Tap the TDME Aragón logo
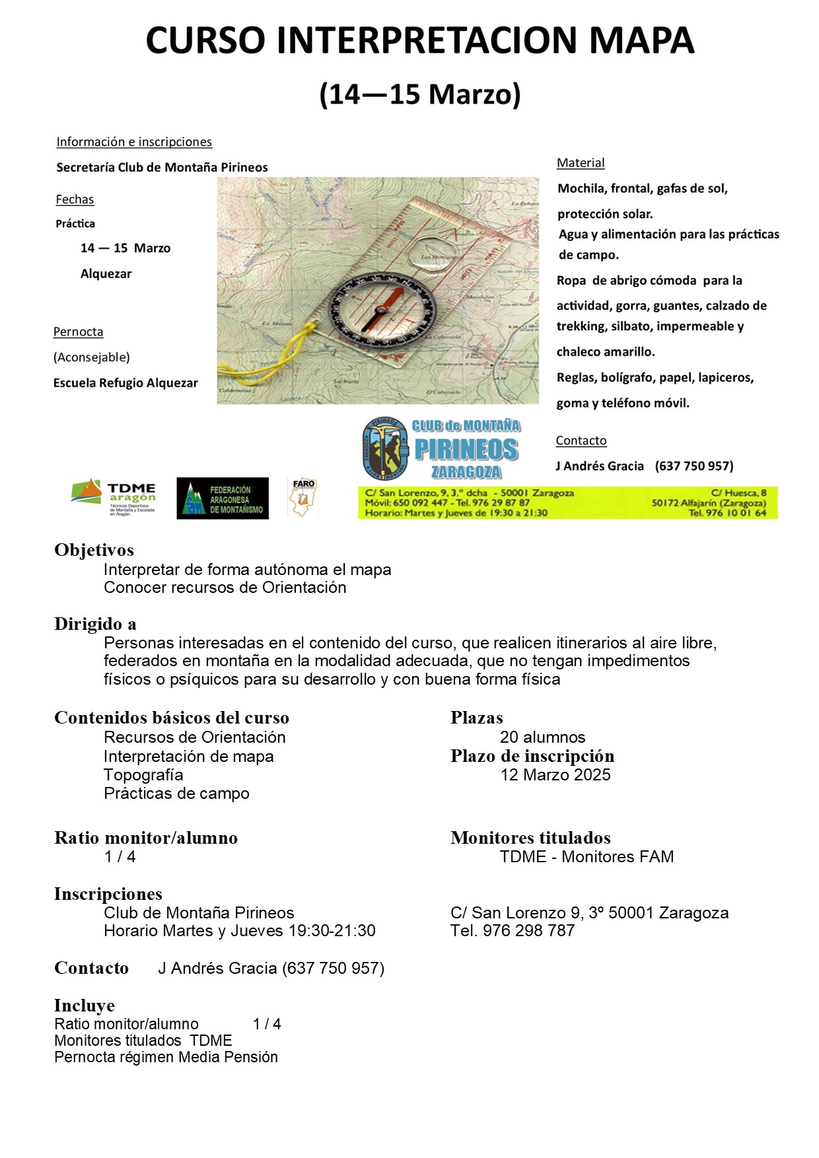tap(114, 497)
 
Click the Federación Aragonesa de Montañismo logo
tap(223, 498)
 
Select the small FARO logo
tap(303, 497)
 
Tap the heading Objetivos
tap(94, 550)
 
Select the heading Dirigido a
tap(95, 624)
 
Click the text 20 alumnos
tap(542, 737)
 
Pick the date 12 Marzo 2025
tap(555, 775)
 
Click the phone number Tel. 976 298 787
tap(513, 931)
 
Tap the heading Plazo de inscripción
tap(532, 756)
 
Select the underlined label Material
tap(581, 163)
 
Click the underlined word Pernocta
tap(78, 332)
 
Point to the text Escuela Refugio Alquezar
tap(125, 383)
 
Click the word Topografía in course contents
tap(143, 775)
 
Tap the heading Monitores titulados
tap(530, 838)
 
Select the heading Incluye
tap(85, 1005)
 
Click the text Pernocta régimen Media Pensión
tap(166, 1057)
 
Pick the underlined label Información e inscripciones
tap(134, 142)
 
